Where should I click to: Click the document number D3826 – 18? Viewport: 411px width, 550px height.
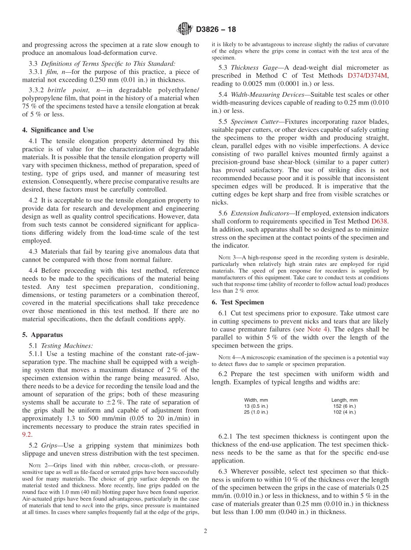tap(216, 29)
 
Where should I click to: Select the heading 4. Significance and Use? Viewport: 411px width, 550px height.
tap(58, 130)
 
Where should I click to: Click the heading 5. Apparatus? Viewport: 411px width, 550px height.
tap(42, 335)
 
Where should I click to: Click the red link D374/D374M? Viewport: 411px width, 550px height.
tap(368, 75)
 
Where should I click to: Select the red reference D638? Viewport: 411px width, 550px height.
tap(380, 221)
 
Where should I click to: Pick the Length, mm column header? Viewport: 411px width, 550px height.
tap(344, 400)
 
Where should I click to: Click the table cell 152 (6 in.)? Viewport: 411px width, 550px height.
tap(344, 406)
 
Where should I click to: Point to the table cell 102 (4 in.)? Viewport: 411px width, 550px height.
tap(344, 412)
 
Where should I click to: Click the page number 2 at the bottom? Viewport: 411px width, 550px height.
tap(205, 531)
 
